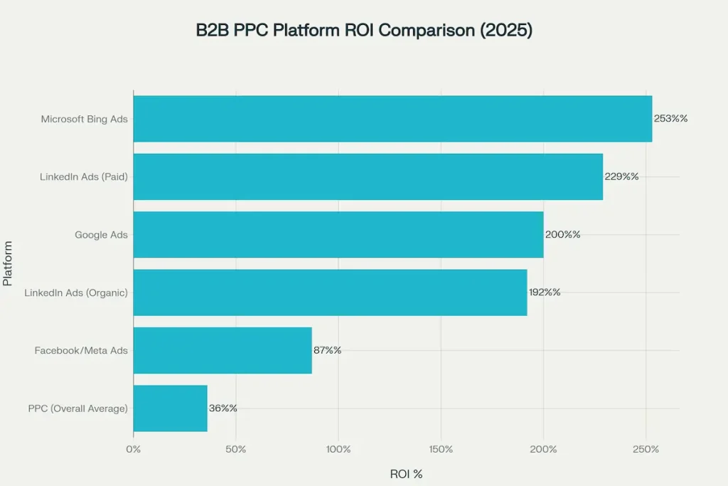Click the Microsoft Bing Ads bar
[392, 119]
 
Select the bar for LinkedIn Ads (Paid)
[368, 176]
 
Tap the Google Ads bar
[338, 234]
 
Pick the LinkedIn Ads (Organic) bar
[330, 292]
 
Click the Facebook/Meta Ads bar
[222, 350]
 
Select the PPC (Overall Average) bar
[170, 408]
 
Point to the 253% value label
[670, 119]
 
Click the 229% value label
[621, 176]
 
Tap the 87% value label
[327, 350]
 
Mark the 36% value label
[223, 408]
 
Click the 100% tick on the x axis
[338, 450]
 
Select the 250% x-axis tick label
[646, 450]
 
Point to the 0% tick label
[133, 450]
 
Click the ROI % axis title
[406, 474]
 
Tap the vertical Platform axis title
[8, 263]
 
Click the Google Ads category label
[101, 234]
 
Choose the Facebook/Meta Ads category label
[81, 350]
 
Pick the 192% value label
[544, 292]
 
